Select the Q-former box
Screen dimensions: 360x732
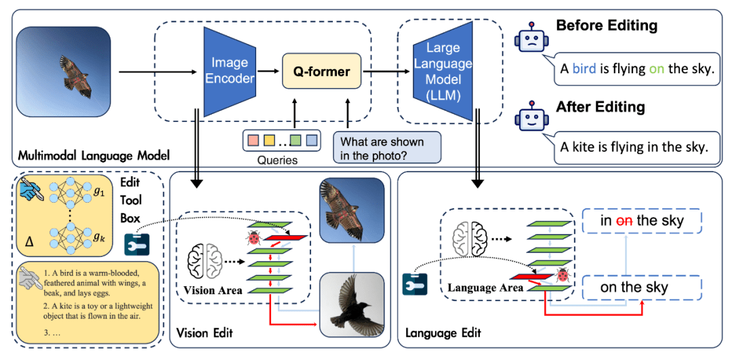[321, 71]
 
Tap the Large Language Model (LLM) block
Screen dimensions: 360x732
[443, 71]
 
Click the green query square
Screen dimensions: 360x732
[295, 141]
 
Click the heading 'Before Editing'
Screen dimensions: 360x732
[607, 26]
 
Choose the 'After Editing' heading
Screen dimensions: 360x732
[601, 107]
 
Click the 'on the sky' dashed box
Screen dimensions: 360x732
[634, 287]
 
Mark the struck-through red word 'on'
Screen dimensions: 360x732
[626, 220]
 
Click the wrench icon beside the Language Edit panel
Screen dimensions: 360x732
[414, 284]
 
